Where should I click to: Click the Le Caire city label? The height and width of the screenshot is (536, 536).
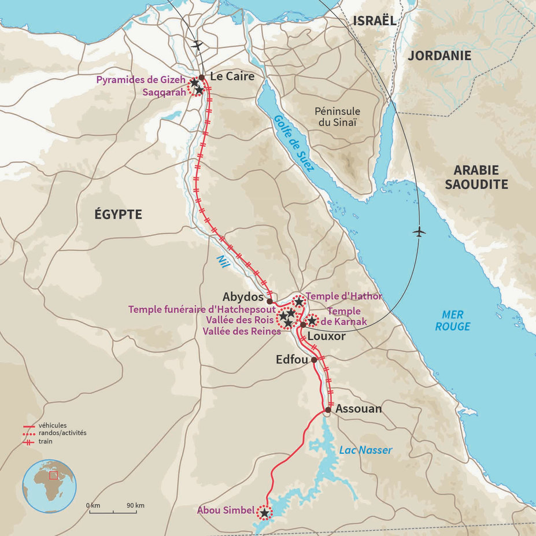pos(232,76)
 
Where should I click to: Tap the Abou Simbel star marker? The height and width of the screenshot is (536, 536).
pos(264,512)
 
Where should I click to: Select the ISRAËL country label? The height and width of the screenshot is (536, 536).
pos(374,21)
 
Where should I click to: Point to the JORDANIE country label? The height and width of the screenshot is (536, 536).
pos(439,56)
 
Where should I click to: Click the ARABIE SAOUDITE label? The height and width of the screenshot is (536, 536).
pos(480,177)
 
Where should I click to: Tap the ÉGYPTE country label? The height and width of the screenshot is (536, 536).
pos(118,215)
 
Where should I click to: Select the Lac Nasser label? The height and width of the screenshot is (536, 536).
pos(366,450)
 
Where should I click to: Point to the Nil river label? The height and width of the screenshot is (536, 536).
pos(223,261)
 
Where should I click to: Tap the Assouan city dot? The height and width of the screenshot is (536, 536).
pos(327,410)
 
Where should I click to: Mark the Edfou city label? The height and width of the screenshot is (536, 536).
pos(292,359)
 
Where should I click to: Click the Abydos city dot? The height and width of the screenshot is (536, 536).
pos(269,301)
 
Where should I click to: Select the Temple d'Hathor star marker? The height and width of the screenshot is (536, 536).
pos(298,302)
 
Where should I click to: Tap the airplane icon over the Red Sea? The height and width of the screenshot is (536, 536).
pos(419,232)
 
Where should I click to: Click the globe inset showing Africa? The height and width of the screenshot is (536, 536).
pos(49,486)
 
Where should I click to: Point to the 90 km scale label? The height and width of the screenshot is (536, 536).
pos(136,505)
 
